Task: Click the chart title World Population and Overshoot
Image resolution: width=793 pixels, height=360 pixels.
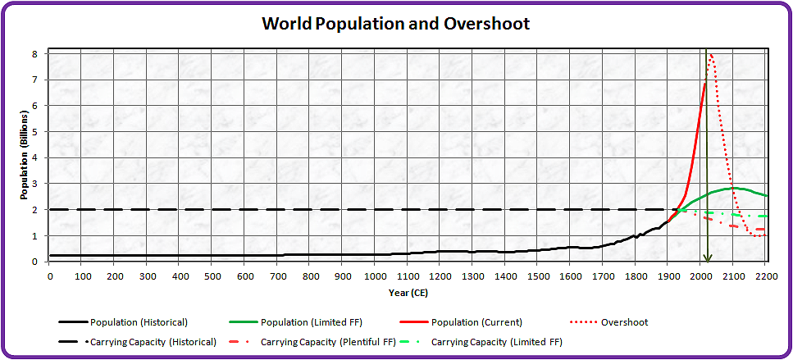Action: click(395, 23)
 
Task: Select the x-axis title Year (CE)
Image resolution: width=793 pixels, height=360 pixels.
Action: click(408, 292)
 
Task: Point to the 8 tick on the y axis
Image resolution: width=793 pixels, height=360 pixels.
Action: click(34, 53)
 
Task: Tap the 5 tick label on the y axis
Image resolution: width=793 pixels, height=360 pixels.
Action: click(34, 132)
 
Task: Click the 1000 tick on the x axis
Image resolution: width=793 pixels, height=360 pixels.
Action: click(375, 276)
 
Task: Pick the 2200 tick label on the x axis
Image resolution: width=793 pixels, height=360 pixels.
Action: click(766, 276)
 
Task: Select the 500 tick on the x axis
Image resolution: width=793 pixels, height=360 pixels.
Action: click(212, 276)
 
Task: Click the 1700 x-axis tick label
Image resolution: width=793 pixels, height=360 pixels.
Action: click(603, 276)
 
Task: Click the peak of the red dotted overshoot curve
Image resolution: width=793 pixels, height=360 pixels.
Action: click(711, 55)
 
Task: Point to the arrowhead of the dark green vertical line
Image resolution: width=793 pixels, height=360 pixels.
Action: click(707, 258)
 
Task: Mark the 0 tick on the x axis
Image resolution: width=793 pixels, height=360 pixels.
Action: click(50, 276)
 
